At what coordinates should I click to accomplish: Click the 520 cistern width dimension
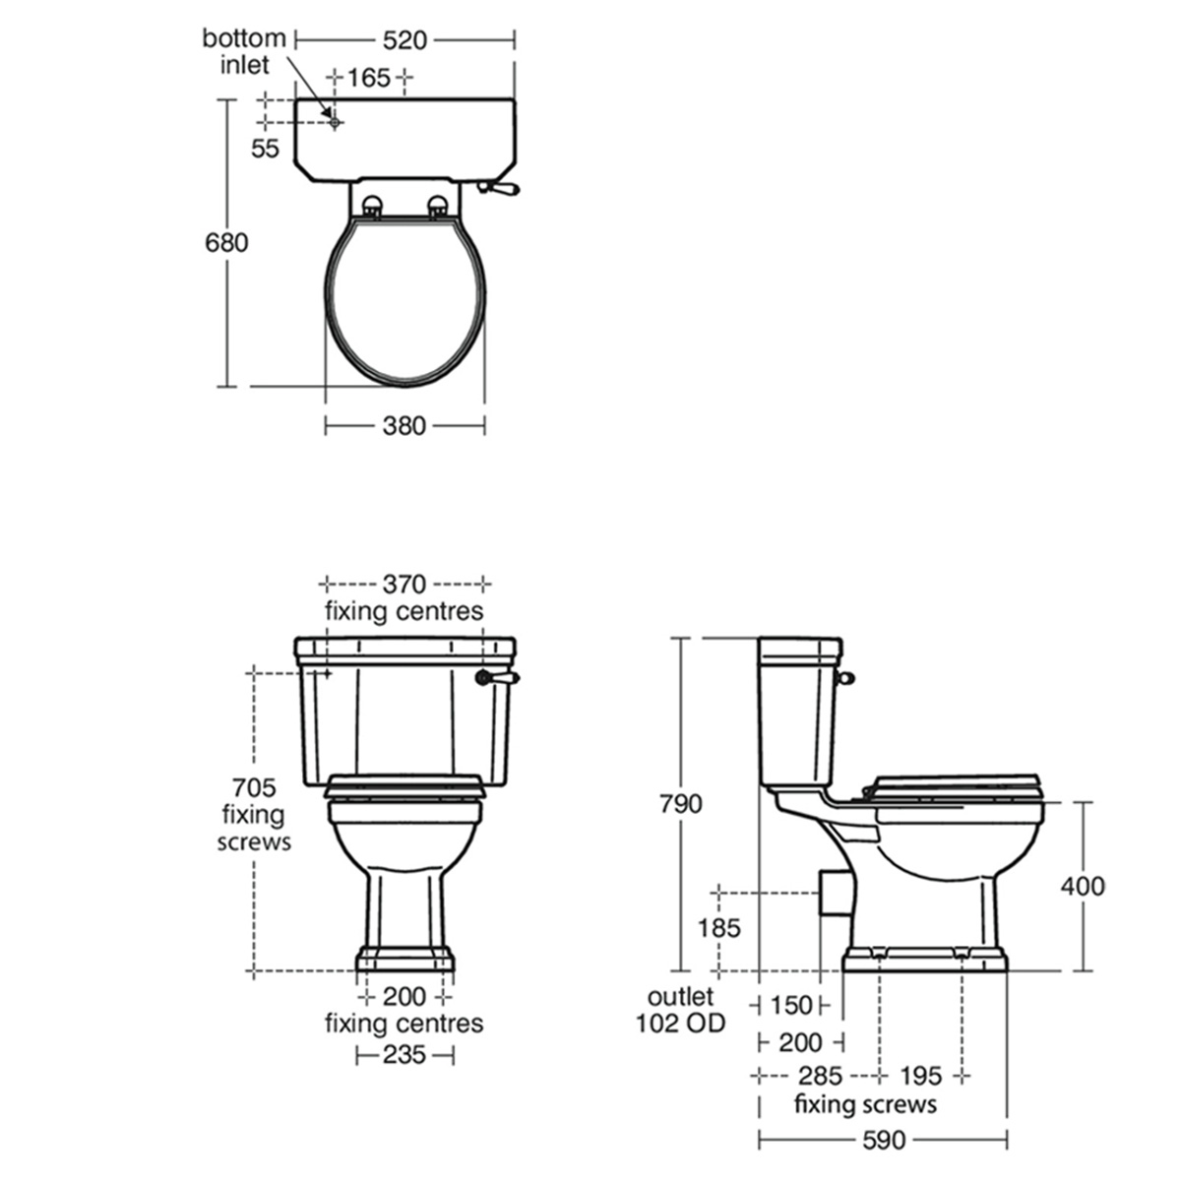404,40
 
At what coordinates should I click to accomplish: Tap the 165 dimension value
369,78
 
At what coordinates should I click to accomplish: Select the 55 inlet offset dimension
266,149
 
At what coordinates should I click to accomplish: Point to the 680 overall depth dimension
226,243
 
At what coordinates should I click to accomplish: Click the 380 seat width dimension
404,426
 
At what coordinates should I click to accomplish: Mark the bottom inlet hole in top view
335,123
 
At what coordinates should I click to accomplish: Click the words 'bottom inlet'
244,51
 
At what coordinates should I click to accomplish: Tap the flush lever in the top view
500,188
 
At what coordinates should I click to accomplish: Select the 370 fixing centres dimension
404,584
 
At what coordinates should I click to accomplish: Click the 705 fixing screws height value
254,786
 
